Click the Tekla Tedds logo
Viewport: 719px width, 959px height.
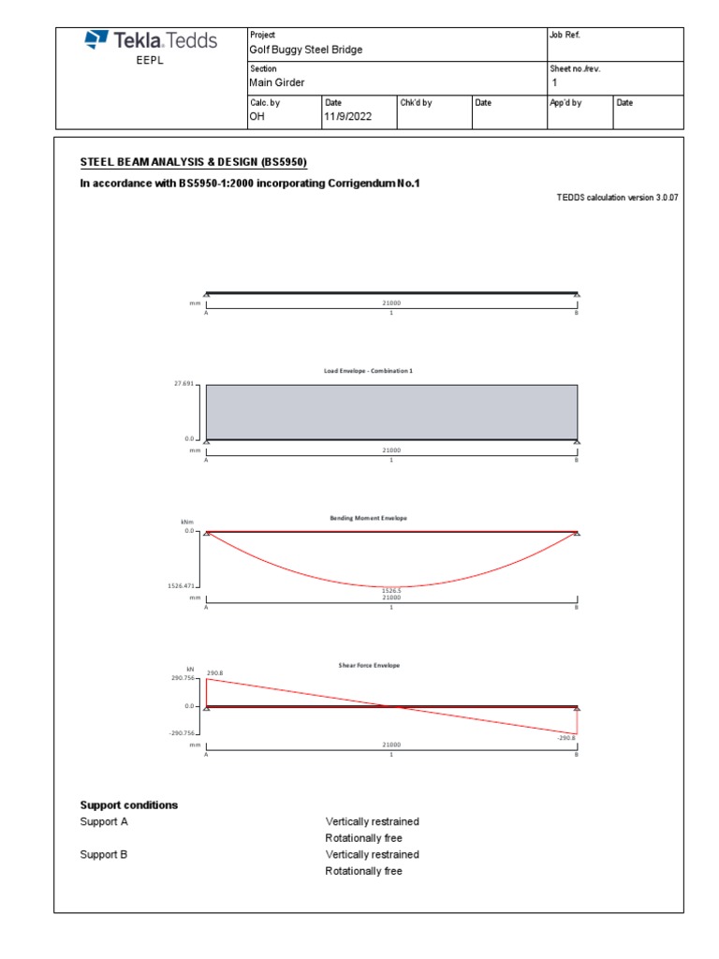coord(151,40)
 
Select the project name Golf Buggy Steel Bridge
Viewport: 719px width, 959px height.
coord(305,50)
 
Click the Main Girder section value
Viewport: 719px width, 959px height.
coord(276,83)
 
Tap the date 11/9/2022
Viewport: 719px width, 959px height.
coord(348,117)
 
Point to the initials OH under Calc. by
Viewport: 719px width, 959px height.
coord(257,117)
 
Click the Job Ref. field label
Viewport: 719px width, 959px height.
coord(565,35)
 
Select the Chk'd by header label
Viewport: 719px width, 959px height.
coord(416,103)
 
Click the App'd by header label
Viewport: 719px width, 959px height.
coord(565,103)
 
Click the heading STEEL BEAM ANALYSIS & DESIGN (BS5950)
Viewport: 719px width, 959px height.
coord(194,162)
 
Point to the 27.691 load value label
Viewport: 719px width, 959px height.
coord(182,384)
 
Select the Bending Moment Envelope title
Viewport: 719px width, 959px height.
coord(368,518)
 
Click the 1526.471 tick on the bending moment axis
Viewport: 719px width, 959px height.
coord(181,585)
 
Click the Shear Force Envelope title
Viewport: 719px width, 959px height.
coord(369,665)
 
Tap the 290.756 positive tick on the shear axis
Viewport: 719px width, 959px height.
coord(183,679)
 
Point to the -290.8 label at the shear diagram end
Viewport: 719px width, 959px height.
coord(565,738)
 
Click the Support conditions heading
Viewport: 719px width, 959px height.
coord(129,805)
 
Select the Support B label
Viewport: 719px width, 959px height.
coord(104,855)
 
